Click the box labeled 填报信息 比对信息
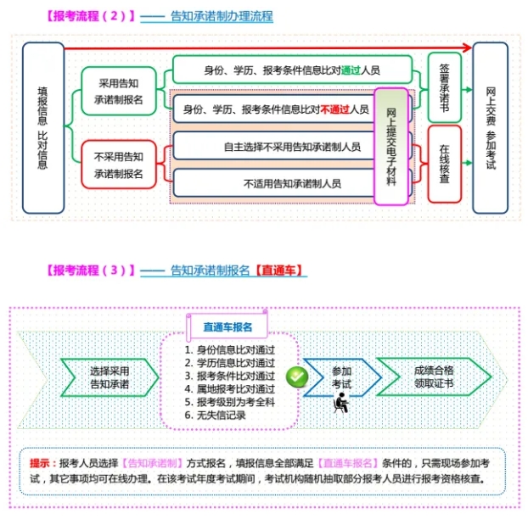point(43,128)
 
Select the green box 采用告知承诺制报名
point(119,91)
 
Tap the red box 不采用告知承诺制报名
point(119,165)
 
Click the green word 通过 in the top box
point(351,70)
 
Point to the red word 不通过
point(335,109)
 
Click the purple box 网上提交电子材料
point(391,147)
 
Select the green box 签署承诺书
point(445,87)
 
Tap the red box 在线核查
point(445,165)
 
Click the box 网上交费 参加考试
point(491,128)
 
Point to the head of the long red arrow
point(471,47)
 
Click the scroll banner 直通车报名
point(227,326)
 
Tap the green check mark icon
point(297,377)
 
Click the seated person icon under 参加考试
point(341,403)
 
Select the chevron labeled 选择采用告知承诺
point(110,377)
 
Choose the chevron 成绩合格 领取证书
point(435,377)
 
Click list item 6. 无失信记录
point(215,415)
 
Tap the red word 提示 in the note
point(39,463)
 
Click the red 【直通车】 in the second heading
point(278,271)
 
